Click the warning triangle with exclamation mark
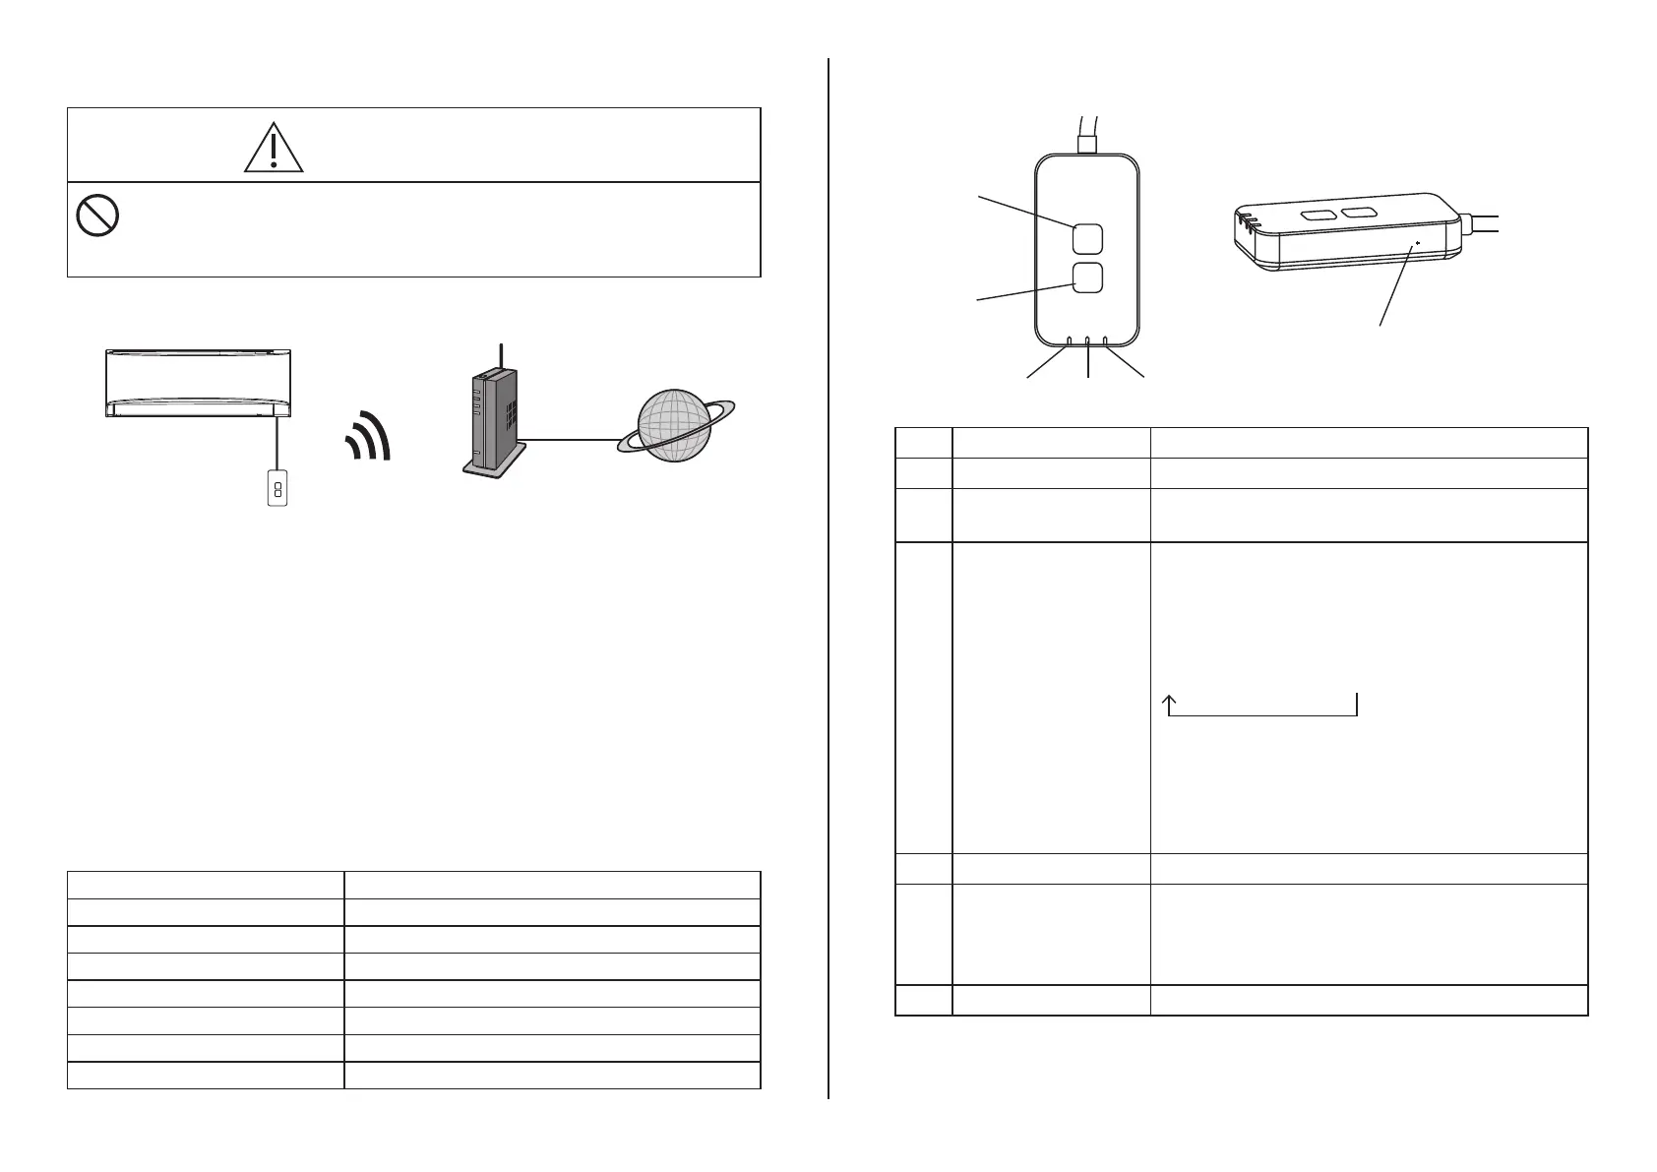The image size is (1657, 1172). [x=275, y=149]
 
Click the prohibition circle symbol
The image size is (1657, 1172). [x=97, y=214]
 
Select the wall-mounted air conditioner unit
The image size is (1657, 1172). [x=198, y=383]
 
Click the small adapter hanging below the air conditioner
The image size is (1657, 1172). [x=277, y=489]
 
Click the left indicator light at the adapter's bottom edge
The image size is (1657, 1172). [x=1070, y=342]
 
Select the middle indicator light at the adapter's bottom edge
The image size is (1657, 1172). [x=1087, y=342]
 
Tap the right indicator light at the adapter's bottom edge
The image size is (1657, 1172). [x=1105, y=342]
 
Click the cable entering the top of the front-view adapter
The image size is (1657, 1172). [x=1087, y=133]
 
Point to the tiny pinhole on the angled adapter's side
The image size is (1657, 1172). [x=1417, y=242]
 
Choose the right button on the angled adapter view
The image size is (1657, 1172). [x=1360, y=212]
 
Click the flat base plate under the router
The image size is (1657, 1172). [x=492, y=472]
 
